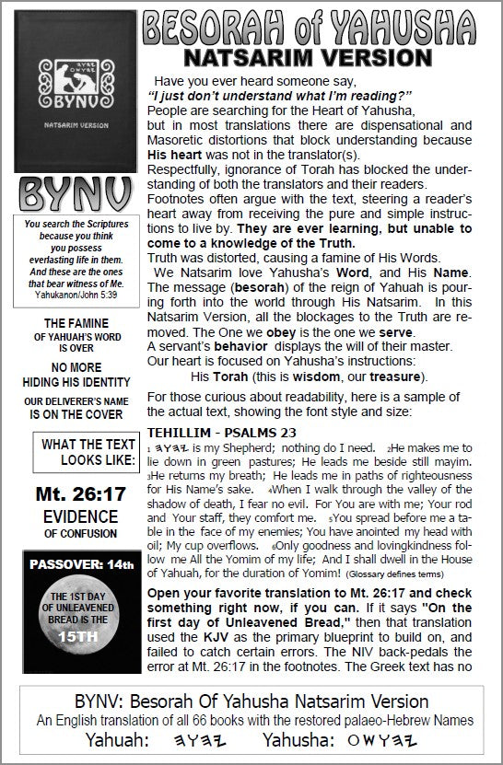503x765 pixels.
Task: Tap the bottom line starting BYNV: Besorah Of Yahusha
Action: (251, 702)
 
